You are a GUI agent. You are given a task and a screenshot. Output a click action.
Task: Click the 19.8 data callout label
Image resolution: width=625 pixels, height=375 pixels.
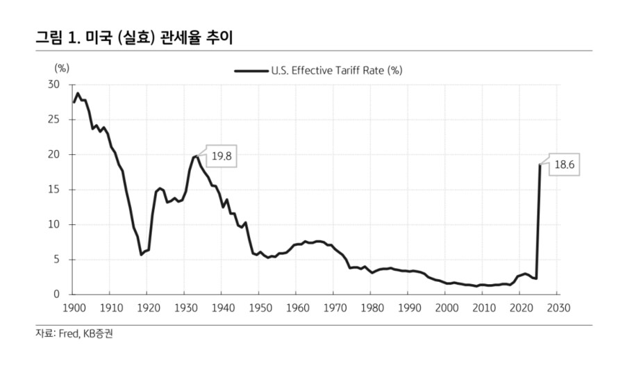coord(221,158)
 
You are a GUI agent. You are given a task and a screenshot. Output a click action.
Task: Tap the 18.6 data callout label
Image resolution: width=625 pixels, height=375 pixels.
coord(563,166)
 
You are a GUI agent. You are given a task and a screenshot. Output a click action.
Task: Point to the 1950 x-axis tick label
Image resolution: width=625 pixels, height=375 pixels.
coord(259,307)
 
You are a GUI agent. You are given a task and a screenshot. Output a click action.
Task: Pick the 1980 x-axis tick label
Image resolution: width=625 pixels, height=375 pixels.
coord(372,307)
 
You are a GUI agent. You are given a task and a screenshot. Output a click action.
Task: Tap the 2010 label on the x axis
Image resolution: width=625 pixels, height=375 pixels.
coord(483,307)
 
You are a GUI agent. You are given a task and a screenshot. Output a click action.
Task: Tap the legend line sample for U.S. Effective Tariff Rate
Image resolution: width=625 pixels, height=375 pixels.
coord(251,70)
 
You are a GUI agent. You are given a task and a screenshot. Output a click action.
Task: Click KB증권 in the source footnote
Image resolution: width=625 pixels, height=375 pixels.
coord(99,334)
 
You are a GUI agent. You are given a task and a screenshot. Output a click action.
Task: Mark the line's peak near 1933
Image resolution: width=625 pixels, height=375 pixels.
coord(197,156)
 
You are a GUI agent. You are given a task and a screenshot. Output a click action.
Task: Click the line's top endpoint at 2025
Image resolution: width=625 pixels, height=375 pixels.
coord(540,165)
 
